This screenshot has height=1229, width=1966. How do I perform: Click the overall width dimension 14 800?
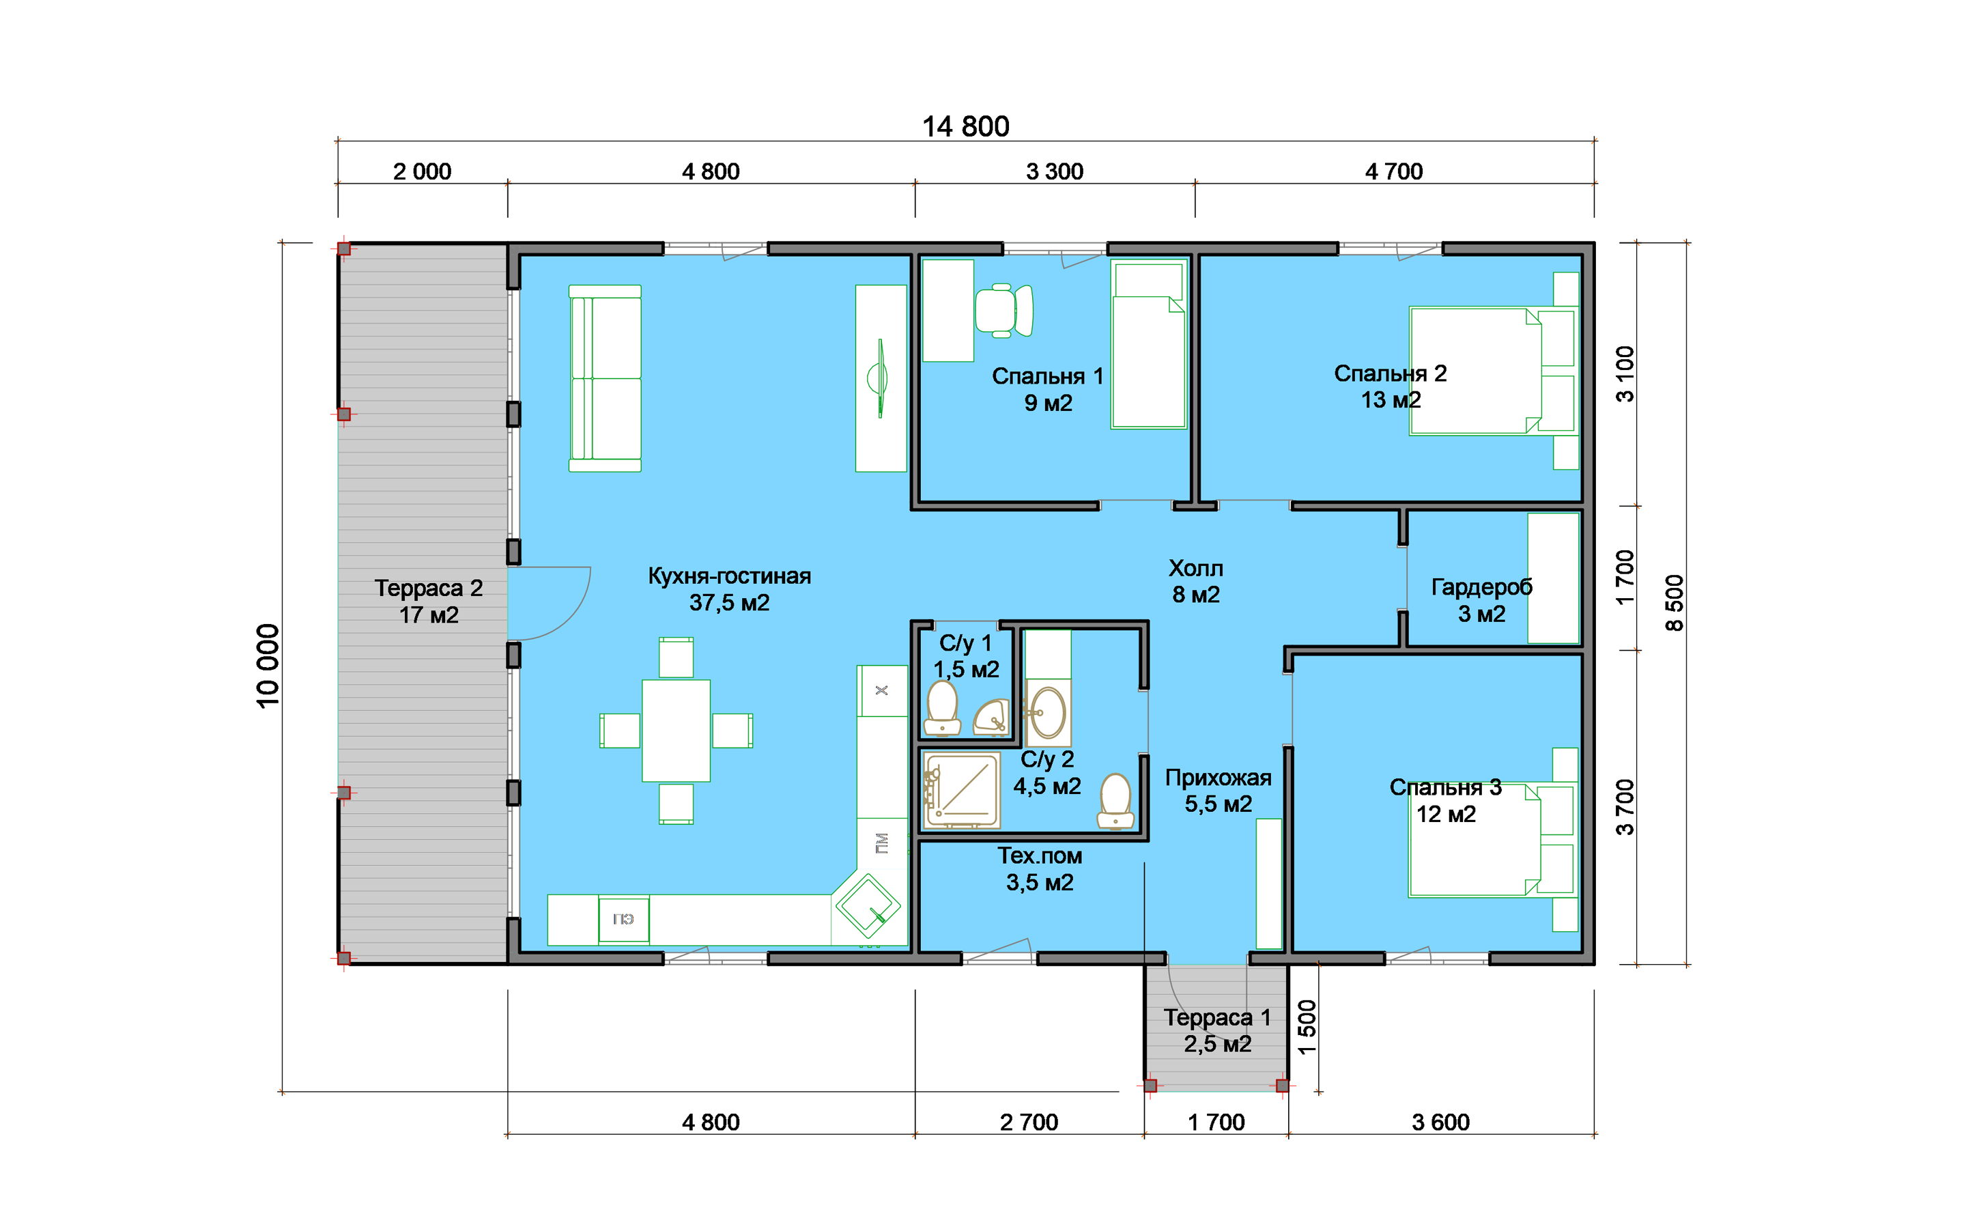coord(965,127)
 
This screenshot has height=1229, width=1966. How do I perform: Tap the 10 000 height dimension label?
coord(268,666)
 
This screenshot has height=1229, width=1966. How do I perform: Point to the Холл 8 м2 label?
coord(1196,581)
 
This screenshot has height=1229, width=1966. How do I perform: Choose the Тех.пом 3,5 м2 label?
coord(1040,869)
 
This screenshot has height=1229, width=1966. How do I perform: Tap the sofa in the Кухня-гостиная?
coord(604,378)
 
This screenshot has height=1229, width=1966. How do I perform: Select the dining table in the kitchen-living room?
coord(676,731)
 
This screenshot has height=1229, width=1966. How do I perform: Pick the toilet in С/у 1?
coord(942,708)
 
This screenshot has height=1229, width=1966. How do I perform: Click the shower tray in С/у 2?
coord(962,790)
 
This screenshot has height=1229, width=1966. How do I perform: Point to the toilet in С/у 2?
coord(1115,801)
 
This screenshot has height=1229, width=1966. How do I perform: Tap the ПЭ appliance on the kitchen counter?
coord(623,919)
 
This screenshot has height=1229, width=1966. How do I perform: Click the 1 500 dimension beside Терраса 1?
coord(1307,1028)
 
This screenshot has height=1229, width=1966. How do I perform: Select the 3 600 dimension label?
coord(1440,1122)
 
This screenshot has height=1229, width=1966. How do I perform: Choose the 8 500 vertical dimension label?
coord(1675,603)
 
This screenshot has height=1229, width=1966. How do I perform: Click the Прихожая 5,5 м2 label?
coord(1218,791)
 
